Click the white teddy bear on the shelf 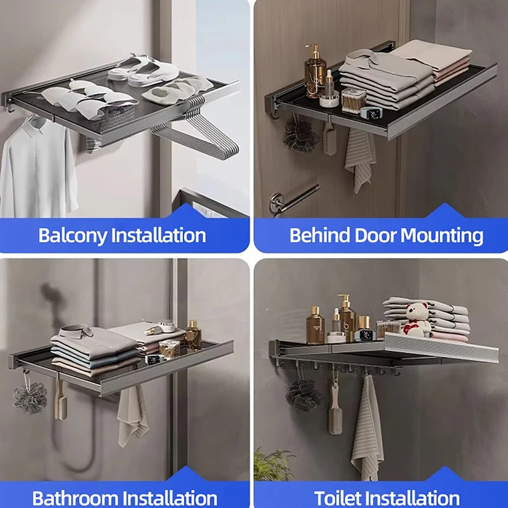click(x=417, y=319)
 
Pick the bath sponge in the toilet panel click(x=304, y=394)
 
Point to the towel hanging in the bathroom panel click(x=132, y=416)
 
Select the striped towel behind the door click(x=359, y=159)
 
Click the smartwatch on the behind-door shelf click(x=368, y=112)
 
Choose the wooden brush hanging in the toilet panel click(x=335, y=406)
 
